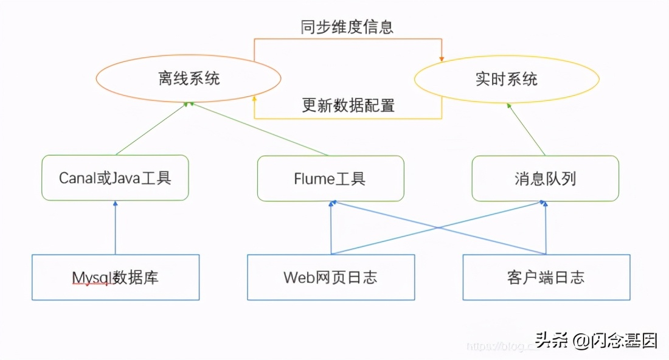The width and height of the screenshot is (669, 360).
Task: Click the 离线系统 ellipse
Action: [188, 79]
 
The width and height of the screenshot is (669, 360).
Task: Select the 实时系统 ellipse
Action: [506, 79]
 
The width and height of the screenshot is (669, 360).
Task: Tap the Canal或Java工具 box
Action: [115, 178]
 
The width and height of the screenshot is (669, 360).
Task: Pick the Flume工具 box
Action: [330, 178]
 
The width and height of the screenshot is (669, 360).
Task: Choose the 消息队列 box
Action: [545, 178]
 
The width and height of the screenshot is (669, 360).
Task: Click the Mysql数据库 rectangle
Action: [116, 277]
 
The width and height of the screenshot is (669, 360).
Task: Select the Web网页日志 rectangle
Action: [331, 277]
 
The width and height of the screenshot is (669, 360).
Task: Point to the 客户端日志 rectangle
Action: [546, 277]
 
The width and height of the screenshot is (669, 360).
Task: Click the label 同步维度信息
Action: [347, 27]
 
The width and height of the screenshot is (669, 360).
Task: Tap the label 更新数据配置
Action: [348, 105]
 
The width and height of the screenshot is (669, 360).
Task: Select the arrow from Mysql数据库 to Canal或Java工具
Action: [115, 228]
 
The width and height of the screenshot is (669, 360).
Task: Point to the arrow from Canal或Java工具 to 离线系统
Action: [151, 128]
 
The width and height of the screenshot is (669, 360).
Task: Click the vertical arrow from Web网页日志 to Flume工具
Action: [331, 228]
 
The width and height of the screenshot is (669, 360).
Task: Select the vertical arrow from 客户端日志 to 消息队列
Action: [546, 228]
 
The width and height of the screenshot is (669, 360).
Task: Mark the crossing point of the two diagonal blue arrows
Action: [438, 228]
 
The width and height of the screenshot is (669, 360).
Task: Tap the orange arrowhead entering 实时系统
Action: [442, 59]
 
